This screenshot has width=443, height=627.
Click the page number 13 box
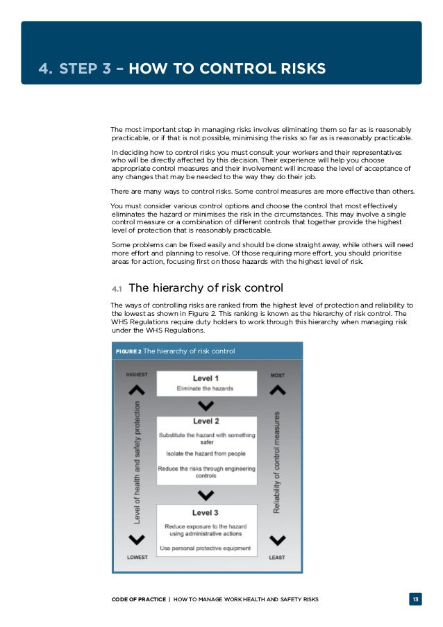415,599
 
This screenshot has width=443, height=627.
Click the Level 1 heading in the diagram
207,378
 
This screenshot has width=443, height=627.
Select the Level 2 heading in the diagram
207,421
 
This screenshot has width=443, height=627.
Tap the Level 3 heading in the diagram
207,513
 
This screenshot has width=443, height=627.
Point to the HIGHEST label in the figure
137,375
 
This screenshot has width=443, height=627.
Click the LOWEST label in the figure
137,557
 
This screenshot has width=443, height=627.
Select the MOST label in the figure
277,375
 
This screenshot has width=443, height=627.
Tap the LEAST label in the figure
277,557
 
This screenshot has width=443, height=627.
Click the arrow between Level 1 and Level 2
206,406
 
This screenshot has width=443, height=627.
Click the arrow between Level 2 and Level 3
206,495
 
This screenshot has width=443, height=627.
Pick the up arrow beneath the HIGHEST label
137,390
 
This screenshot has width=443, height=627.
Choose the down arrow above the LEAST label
277,540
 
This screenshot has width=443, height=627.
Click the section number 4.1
117,289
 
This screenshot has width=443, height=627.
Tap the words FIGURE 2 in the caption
128,351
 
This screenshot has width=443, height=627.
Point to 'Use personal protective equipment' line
207,548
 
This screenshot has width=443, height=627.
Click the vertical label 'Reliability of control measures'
277,462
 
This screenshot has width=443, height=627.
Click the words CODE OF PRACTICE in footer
138,599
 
